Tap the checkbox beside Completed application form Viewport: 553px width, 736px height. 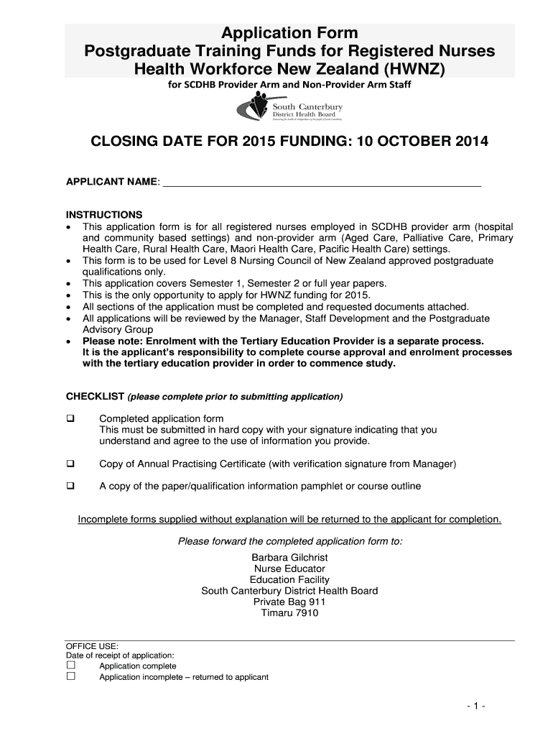coord(70,418)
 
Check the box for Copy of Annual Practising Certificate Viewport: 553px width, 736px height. coord(70,464)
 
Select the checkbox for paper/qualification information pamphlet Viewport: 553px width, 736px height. coord(70,486)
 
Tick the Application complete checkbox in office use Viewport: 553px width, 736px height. coord(70,666)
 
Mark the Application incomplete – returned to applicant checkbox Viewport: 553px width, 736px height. coord(70,676)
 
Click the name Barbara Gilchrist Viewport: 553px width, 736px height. coord(289,558)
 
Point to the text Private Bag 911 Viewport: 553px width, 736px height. coord(289,602)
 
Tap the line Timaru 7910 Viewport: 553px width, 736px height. coord(289,613)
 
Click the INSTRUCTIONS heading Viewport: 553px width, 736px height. coord(104,215)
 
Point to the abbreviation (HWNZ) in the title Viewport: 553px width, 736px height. coord(414,68)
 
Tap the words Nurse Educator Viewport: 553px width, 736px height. coord(289,569)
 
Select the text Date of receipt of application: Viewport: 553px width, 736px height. coord(120,655)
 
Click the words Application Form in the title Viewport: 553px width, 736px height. coord(289,32)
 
